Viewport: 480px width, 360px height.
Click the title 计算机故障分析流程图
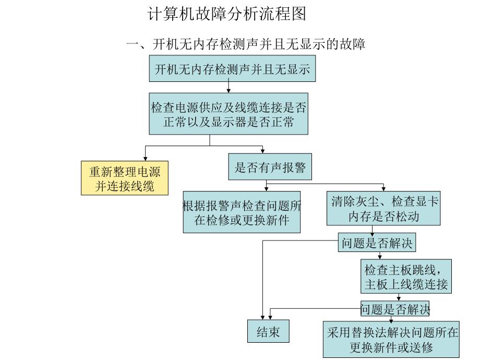pos(227,14)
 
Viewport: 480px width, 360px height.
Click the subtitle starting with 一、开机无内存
pos(245,44)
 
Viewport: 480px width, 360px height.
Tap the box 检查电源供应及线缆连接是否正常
pos(229,115)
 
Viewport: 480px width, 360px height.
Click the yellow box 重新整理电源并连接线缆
pos(125,178)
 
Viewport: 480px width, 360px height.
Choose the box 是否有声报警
pos(270,167)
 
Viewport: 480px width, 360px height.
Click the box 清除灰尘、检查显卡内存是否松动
pos(384,209)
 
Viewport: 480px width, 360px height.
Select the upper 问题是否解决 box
pos(377,243)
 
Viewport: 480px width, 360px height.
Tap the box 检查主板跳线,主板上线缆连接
pos(405,278)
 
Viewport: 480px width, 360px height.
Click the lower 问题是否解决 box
pos(395,308)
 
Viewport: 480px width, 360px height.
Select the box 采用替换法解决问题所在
pos(391,340)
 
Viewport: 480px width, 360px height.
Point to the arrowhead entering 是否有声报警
pos(262,151)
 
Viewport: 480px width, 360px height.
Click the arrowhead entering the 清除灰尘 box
pos(384,189)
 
